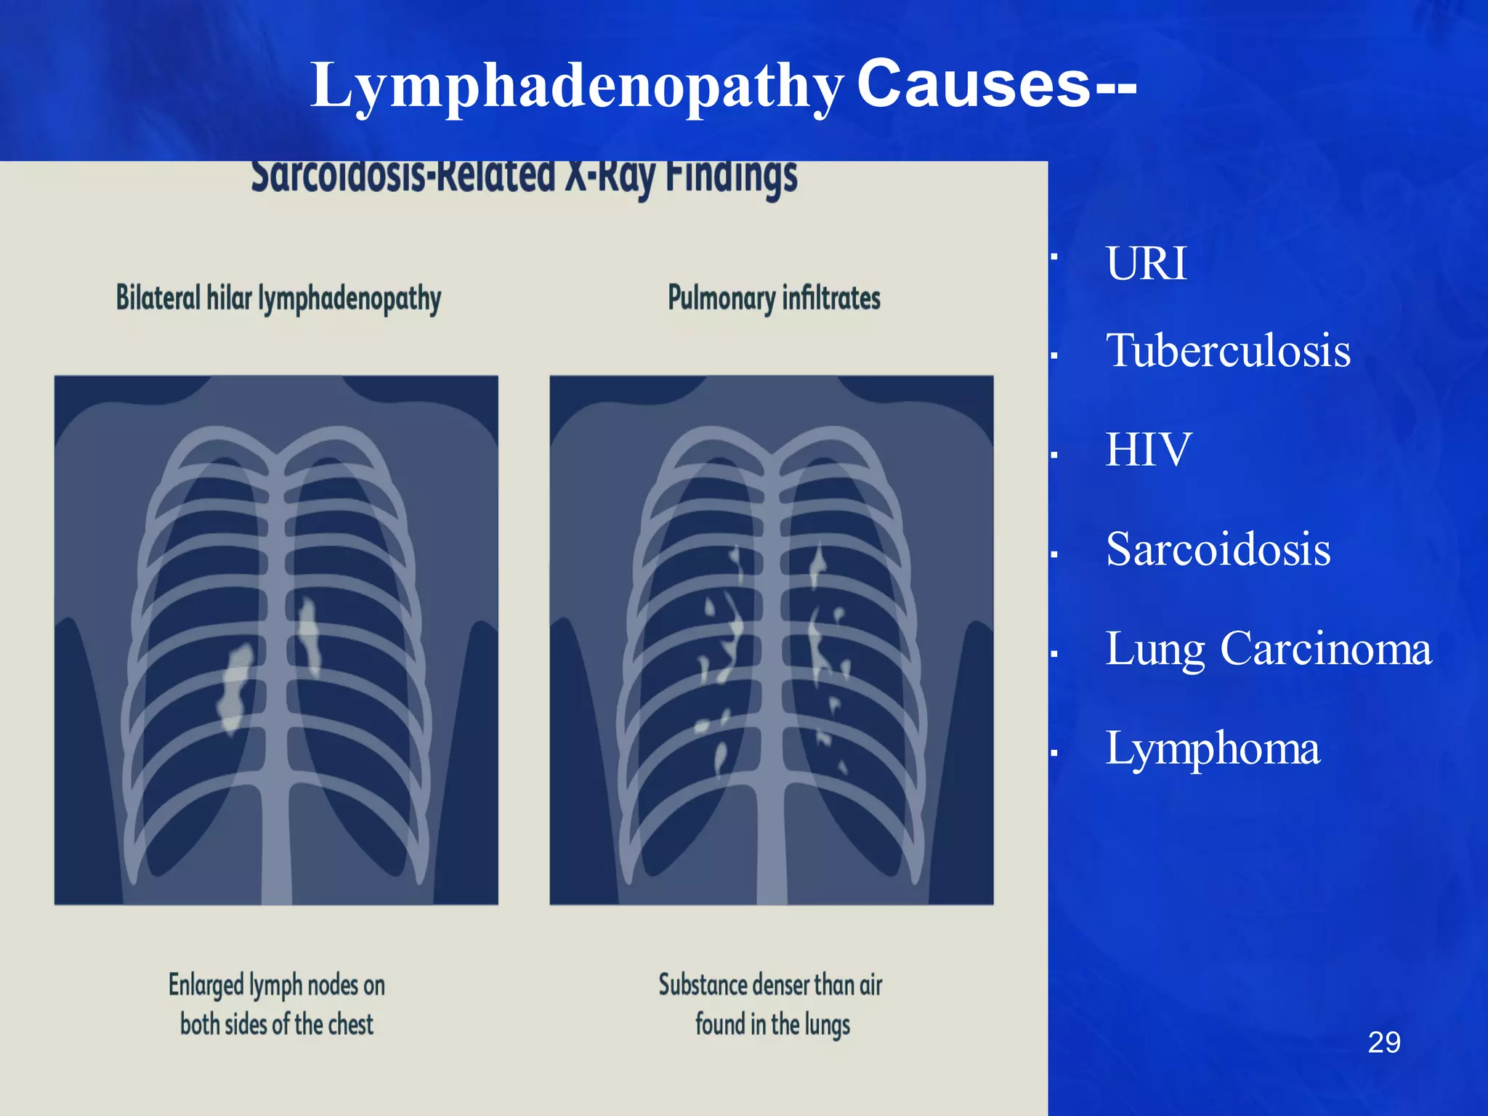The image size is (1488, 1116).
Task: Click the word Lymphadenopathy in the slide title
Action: (577, 86)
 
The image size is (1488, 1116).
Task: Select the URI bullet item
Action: (1147, 263)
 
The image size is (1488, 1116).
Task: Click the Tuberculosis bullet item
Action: (1228, 350)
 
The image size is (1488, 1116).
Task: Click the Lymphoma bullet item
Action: (1212, 748)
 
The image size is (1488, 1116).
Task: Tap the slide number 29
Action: (1383, 1043)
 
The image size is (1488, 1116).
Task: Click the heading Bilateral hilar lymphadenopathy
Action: (278, 299)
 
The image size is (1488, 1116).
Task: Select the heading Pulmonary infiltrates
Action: (774, 299)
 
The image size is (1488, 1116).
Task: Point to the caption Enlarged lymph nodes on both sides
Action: (277, 1004)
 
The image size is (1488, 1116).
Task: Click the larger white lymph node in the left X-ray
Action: (236, 687)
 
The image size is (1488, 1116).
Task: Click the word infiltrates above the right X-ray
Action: (831, 299)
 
